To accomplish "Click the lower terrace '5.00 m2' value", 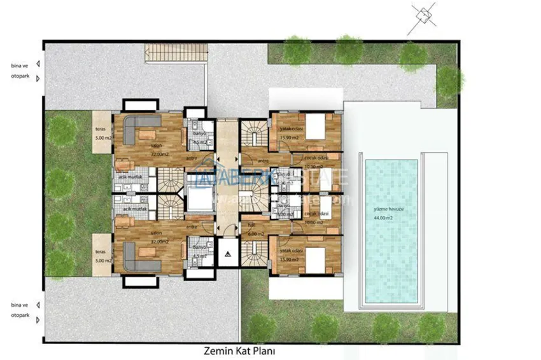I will click(102, 260).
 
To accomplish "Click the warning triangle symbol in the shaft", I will click(227, 253).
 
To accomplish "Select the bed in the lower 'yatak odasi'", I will click(315, 258).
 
